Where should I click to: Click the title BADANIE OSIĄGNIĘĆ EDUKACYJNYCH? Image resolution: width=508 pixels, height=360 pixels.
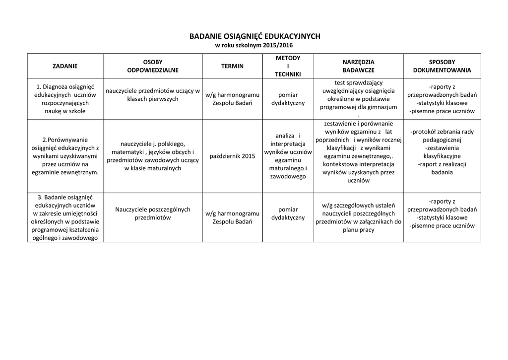254,36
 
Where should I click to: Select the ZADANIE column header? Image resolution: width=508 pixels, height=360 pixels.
65,66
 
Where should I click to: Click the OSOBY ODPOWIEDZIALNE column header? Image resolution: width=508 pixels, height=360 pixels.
153,66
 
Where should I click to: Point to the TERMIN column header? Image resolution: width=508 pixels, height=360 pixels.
232,66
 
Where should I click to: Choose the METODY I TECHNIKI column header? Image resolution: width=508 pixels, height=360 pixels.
288,66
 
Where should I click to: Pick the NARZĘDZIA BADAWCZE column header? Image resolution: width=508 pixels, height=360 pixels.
358,66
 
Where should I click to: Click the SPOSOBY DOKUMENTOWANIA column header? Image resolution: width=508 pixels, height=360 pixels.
442,66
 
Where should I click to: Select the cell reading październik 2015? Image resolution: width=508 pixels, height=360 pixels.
232,156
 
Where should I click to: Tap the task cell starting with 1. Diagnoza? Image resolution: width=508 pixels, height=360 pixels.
65,99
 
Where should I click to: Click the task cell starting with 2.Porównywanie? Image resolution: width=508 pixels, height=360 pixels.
65,156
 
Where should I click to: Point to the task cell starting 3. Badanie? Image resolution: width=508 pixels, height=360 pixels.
65,217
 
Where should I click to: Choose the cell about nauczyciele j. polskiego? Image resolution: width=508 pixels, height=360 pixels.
153,156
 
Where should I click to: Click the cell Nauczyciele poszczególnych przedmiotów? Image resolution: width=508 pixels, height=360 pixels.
153,214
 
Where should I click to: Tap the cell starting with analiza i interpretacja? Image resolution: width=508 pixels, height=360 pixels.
288,156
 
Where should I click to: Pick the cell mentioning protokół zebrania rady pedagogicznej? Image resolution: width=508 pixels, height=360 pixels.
442,152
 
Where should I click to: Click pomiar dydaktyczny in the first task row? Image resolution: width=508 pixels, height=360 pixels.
288,99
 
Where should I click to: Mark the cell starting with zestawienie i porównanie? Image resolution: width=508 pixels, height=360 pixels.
358,152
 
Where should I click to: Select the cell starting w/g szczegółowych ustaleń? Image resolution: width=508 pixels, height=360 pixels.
358,217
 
